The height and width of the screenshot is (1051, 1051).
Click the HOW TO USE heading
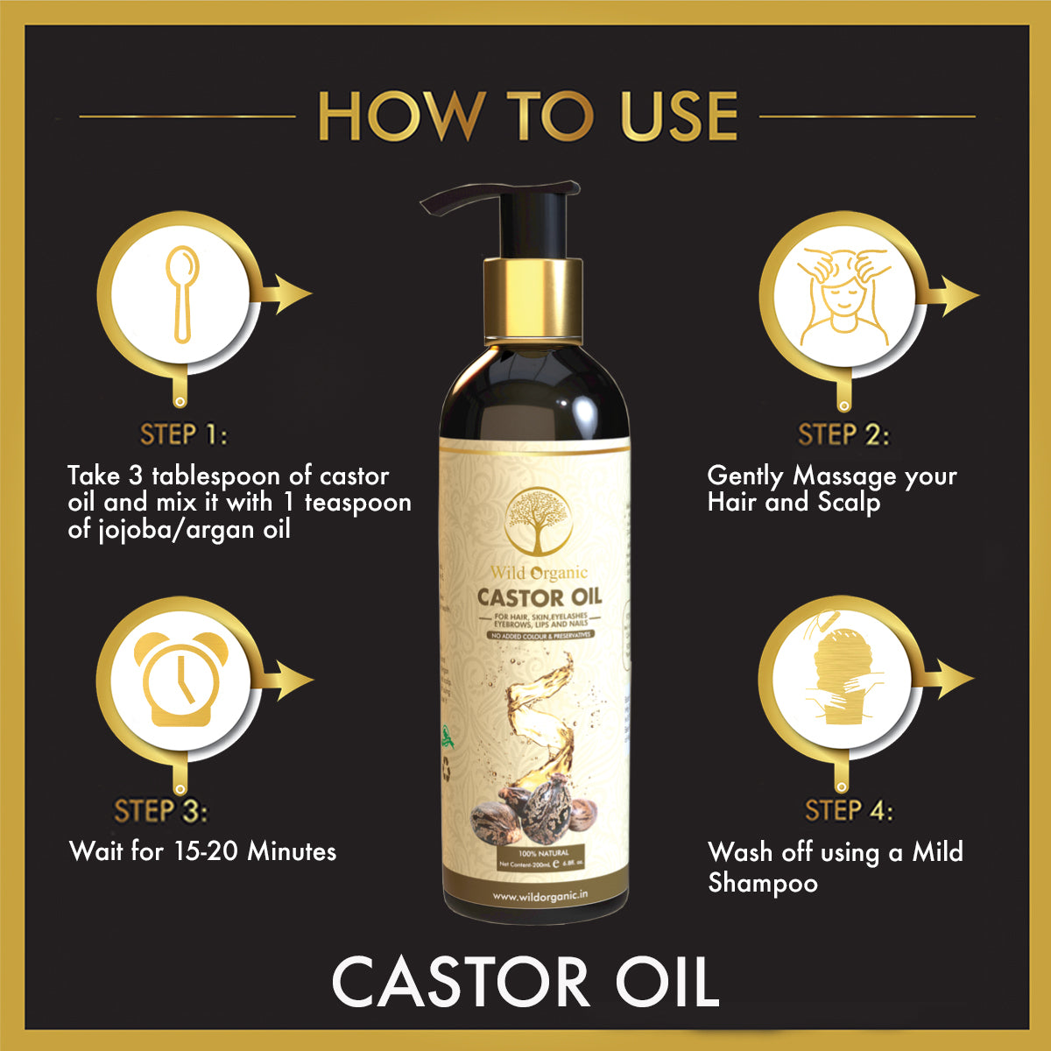pos(526,115)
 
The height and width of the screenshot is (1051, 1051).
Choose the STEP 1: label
pos(183,434)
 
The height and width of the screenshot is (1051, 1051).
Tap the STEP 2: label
pos(843,434)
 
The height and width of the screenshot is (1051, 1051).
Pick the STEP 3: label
pos(161,811)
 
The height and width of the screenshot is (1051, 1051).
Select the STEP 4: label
pos(848,811)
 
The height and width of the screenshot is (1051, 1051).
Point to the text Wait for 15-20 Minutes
pos(202,850)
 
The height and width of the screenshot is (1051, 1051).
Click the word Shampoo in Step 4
pos(762,883)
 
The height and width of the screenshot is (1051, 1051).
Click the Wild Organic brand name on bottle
pos(539,574)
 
